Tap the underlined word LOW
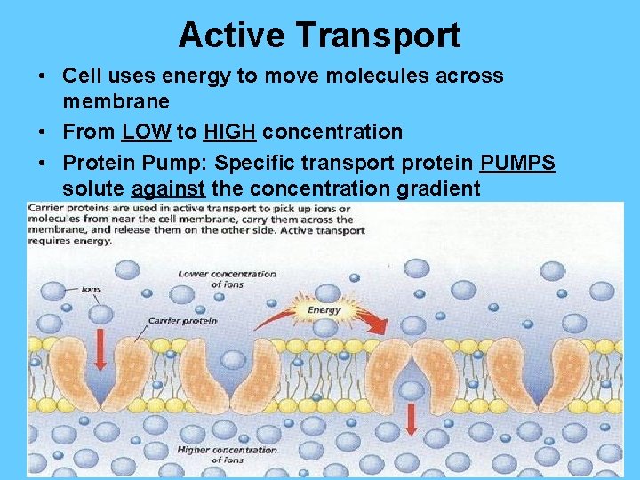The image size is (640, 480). [147, 132]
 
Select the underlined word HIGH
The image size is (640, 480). [230, 132]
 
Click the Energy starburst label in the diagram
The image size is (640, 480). [324, 310]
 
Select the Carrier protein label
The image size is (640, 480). [182, 320]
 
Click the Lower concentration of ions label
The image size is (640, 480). [227, 278]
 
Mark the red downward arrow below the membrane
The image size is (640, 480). [411, 418]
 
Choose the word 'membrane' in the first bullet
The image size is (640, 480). [116, 104]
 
